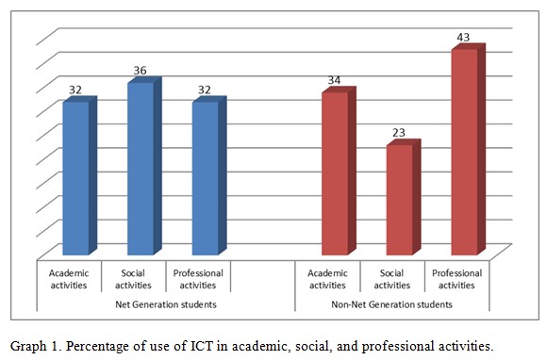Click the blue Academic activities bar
pos(75,177)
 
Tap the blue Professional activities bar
pos(205,177)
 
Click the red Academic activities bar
pos(334,173)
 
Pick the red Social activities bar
pos(399,199)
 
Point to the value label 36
pos(141,71)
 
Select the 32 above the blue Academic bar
pos(75,90)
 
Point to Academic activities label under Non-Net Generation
pos(327,279)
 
